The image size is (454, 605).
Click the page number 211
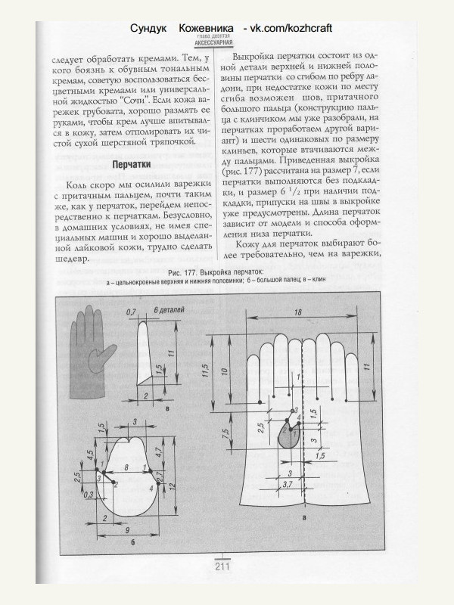tap(222, 567)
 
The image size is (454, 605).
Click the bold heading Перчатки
tap(132, 164)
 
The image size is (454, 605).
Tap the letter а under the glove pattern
tap(303, 517)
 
